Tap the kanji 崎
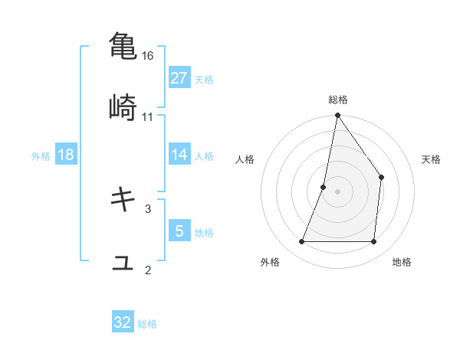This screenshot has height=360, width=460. tap(123, 107)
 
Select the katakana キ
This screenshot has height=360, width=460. tap(123, 199)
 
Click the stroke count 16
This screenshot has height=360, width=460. tap(148, 56)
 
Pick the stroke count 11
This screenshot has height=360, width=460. tap(148, 117)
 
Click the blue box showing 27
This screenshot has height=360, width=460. tap(179, 77)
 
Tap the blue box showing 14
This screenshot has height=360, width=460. tap(179, 154)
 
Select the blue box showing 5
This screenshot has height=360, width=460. tap(179, 231)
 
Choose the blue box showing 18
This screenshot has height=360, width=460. tap(66, 154)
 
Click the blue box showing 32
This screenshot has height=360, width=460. tap(123, 322)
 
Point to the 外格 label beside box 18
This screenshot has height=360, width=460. tap(41, 155)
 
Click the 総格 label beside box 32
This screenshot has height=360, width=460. tap(147, 324)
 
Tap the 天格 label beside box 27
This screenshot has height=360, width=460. tap(204, 79)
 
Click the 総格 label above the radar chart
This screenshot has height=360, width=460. tap(337, 100)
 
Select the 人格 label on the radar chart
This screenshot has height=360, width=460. tap(245, 159)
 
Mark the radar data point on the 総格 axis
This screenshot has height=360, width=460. tap(337, 116)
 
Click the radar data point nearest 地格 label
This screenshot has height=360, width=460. tap(374, 242)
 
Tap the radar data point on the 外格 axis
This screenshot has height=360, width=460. tap(301, 242)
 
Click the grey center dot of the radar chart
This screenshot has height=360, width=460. tap(337, 191)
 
